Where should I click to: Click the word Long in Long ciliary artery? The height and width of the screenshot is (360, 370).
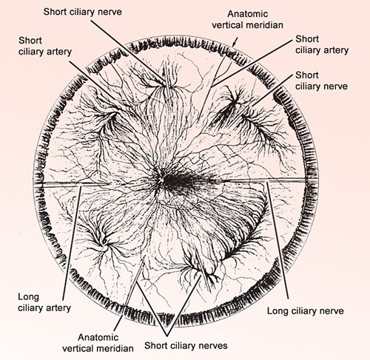pyautogui.click(x=28, y=297)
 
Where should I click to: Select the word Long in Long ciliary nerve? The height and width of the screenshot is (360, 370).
pyautogui.click(x=278, y=311)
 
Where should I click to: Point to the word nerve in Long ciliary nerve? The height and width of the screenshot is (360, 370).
pyautogui.click(x=332, y=311)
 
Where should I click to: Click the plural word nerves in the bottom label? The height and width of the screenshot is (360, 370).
pyautogui.click(x=214, y=346)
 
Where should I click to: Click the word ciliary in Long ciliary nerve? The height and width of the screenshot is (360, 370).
pyautogui.click(x=303, y=311)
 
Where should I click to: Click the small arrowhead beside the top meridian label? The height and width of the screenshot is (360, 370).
pyautogui.click(x=235, y=44)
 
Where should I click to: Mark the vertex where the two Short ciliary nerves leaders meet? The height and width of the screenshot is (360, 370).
pyautogui.click(x=167, y=336)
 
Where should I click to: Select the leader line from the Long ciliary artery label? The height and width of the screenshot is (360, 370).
pyautogui.click(x=72, y=243)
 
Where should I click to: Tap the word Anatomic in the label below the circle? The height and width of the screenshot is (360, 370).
pyautogui.click(x=98, y=337)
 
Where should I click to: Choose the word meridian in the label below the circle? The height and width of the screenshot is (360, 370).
pyautogui.click(x=116, y=349)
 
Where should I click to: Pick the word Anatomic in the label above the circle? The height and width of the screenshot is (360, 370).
pyautogui.click(x=248, y=14)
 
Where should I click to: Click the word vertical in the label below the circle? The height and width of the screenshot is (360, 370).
pyautogui.click(x=79, y=349)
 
